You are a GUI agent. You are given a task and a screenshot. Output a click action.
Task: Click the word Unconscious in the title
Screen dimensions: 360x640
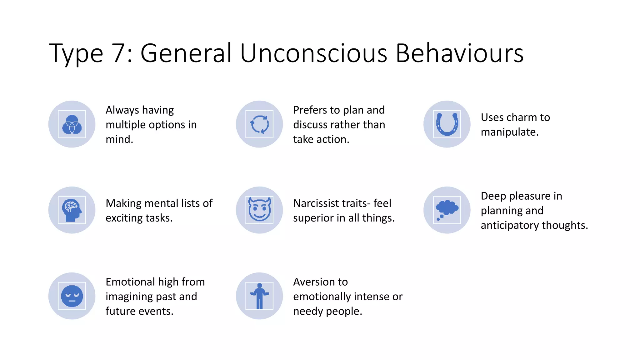click(314, 53)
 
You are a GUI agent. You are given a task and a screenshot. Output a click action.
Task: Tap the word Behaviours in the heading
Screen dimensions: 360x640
click(459, 53)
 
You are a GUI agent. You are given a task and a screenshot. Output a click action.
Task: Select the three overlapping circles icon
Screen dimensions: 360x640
click(72, 124)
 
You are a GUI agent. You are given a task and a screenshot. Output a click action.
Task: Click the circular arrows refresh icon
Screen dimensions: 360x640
click(259, 124)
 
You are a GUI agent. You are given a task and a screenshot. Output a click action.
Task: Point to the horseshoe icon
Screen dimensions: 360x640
click(447, 124)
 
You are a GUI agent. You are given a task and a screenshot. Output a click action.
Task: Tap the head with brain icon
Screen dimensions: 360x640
click(72, 210)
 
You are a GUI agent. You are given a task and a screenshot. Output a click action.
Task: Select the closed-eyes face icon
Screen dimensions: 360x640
click(72, 296)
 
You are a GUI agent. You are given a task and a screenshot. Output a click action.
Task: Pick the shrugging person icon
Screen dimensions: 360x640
click(259, 296)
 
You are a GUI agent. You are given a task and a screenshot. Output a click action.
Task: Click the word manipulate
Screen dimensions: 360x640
click(509, 132)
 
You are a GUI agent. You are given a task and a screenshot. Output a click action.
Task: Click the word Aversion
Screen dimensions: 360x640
click(320, 282)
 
